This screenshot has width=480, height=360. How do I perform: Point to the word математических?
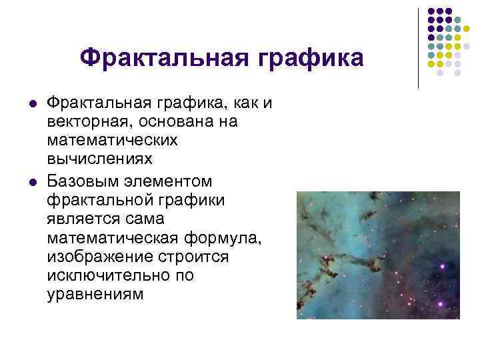click(x=113, y=141)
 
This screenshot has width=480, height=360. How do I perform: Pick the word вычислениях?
click(x=100, y=159)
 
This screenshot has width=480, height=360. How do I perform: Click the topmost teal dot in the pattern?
click(x=458, y=20)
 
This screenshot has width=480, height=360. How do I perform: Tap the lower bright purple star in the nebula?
click(x=441, y=266)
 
